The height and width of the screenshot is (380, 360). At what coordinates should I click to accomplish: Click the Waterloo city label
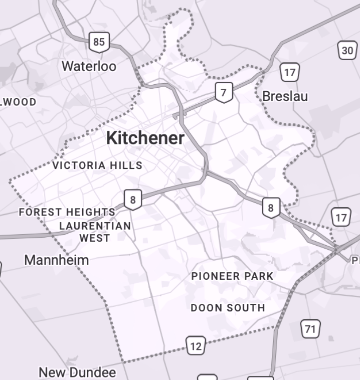[89, 66]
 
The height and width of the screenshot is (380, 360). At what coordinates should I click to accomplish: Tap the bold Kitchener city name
[145, 138]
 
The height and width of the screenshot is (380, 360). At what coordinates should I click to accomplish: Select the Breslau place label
[285, 96]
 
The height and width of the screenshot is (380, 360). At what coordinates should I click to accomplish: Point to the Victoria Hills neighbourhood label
[97, 165]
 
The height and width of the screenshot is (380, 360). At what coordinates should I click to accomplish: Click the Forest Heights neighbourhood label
[67, 212]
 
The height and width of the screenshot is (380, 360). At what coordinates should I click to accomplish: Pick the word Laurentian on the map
[95, 226]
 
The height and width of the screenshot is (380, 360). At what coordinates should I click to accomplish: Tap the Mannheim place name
[56, 260]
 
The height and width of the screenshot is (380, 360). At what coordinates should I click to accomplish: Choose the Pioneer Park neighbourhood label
[232, 276]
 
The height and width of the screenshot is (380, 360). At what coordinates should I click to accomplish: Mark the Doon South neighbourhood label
[228, 307]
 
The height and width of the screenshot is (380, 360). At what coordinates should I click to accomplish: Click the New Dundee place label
[77, 372]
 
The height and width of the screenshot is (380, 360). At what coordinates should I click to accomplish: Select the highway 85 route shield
[99, 42]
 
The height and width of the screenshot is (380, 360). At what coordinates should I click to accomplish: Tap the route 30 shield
[347, 51]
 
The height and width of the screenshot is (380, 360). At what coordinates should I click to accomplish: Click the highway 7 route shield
[224, 92]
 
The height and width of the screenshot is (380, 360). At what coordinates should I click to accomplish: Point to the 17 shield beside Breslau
[289, 73]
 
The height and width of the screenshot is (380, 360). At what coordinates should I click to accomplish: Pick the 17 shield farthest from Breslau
[341, 218]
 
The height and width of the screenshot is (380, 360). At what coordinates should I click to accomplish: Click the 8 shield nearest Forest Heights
[132, 200]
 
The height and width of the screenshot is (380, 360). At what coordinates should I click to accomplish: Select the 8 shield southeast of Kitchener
[271, 208]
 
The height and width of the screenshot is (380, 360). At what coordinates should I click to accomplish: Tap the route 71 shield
[310, 329]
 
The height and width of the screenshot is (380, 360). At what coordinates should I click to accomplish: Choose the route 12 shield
[196, 345]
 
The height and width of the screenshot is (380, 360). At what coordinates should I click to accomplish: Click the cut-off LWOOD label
[19, 102]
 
